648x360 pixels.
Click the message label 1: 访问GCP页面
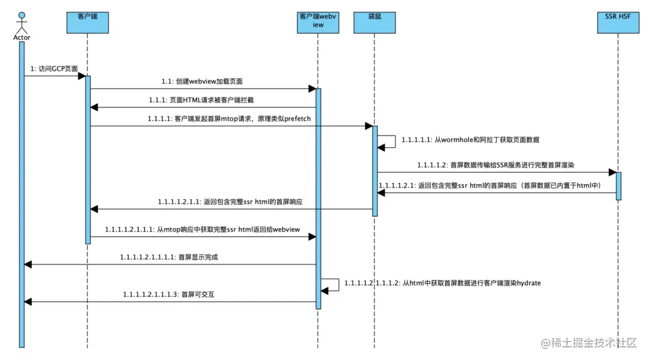click(54, 69)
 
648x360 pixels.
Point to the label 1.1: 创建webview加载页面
click(202, 81)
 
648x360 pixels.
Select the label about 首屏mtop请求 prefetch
click(229, 119)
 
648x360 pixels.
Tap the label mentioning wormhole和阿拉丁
click(470, 139)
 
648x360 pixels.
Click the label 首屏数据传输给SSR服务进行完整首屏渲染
click(496, 164)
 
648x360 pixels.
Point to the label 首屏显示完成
click(169, 257)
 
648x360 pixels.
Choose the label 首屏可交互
click(169, 295)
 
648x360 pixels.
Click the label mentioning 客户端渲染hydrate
click(442, 283)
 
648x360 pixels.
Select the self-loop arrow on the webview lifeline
click(332, 285)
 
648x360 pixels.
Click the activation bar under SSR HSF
click(618, 185)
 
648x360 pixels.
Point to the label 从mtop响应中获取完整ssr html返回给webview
click(202, 230)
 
